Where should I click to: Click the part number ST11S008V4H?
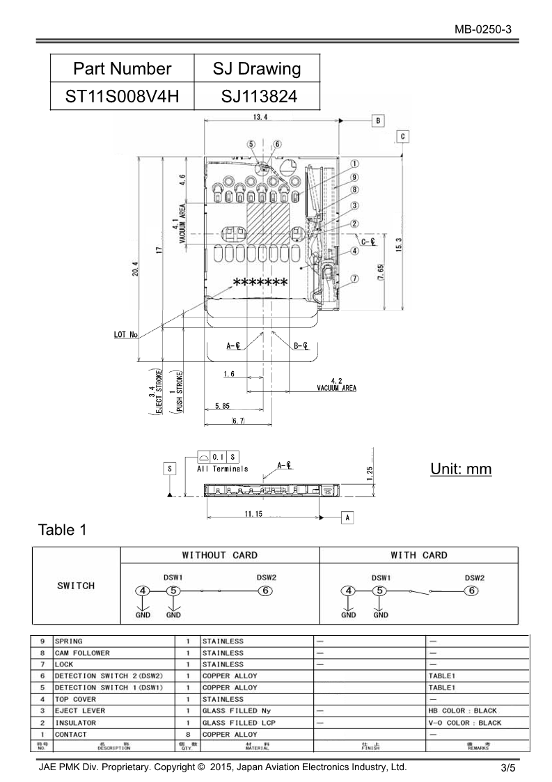122,96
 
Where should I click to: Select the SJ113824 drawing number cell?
257,96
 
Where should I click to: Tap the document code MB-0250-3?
484,29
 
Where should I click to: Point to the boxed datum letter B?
377,120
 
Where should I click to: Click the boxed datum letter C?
403,136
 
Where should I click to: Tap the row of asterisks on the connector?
260,283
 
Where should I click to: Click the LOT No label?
125,335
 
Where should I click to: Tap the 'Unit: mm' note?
460,469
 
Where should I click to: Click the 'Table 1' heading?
63,530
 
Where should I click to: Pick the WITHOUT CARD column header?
219,555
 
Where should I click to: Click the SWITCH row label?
76,586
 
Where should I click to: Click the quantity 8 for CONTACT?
187,734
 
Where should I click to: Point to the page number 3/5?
507,769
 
